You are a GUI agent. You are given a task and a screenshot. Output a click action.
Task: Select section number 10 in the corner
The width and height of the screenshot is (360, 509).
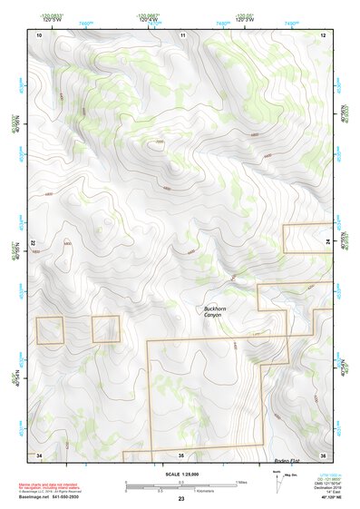(x=39, y=34)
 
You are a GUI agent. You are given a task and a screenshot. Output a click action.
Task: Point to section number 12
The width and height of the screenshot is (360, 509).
(x=323, y=34)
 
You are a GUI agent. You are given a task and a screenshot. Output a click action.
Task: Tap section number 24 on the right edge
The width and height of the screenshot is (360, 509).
(x=327, y=240)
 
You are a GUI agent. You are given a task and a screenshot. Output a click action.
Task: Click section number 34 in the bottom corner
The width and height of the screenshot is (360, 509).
(x=39, y=454)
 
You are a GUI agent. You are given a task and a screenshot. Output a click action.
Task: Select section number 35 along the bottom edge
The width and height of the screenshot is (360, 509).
(x=181, y=454)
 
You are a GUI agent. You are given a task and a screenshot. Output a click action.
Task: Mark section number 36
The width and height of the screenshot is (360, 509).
(x=323, y=454)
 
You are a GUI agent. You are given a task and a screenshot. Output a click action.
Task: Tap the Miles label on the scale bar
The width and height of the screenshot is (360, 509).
(x=241, y=481)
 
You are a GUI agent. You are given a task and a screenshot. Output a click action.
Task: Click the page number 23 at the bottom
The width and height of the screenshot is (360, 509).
(x=181, y=500)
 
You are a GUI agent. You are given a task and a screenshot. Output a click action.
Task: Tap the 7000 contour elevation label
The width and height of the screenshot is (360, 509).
(x=160, y=142)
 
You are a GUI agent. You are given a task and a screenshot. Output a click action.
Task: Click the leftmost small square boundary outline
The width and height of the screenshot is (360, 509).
(x=50, y=330)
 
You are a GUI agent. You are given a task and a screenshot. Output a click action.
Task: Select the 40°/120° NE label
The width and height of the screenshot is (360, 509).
(x=322, y=499)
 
